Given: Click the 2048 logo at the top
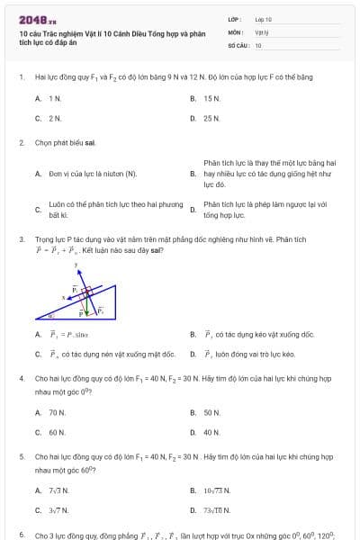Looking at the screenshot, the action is pyautogui.click(x=36, y=19).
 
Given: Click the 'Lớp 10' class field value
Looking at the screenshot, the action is pyautogui.click(x=263, y=19).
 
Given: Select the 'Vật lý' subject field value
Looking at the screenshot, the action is pyautogui.click(x=262, y=31).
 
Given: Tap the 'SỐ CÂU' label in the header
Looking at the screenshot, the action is pyautogui.click(x=237, y=44).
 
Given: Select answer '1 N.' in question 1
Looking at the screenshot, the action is pyautogui.click(x=55, y=98).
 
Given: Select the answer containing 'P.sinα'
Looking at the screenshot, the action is pyautogui.click(x=63, y=335).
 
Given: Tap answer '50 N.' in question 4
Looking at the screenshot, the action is pyautogui.click(x=211, y=412).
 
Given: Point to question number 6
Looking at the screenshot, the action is pyautogui.click(x=21, y=535).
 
